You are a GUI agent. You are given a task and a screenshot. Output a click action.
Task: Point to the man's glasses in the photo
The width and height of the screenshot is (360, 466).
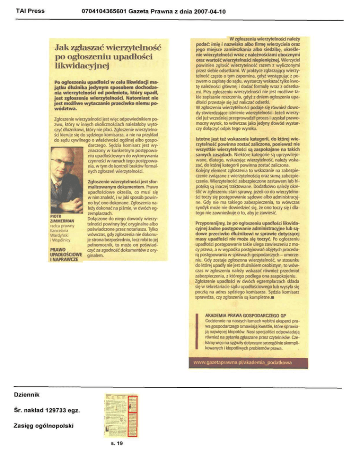(64, 162)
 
